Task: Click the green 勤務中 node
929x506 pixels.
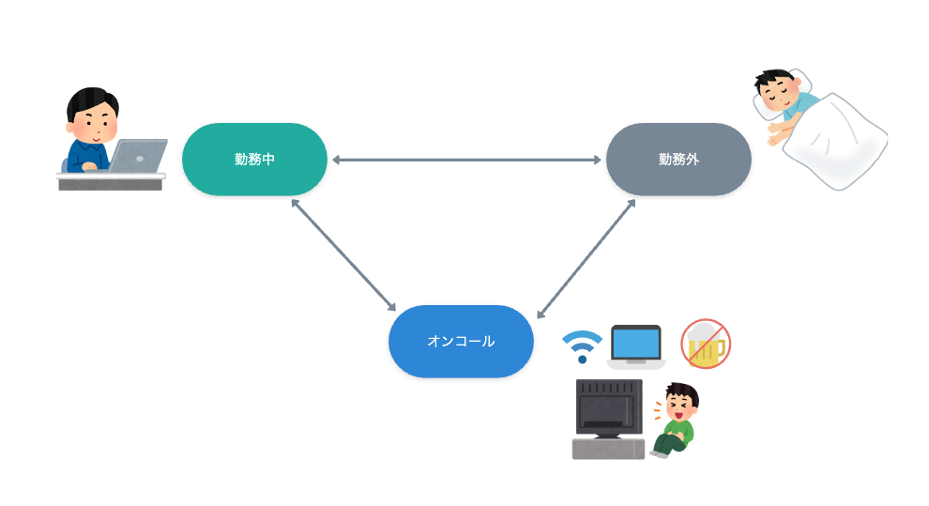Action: [254, 160]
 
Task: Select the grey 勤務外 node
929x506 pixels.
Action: [678, 160]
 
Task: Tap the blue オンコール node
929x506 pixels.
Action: [461, 342]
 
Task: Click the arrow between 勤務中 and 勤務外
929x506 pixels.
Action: [466, 160]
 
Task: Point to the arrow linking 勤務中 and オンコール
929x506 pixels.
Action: [343, 254]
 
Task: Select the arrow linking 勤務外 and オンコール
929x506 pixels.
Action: [586, 259]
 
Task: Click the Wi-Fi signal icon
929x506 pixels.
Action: [582, 346]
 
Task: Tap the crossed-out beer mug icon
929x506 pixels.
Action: [706, 344]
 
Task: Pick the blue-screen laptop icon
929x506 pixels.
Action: [635, 346]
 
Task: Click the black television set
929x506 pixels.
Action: [609, 408]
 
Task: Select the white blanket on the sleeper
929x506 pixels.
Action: [835, 142]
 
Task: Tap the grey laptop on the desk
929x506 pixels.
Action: [137, 156]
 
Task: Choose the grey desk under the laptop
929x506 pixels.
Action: [111, 181]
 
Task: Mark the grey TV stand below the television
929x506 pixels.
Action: [608, 449]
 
